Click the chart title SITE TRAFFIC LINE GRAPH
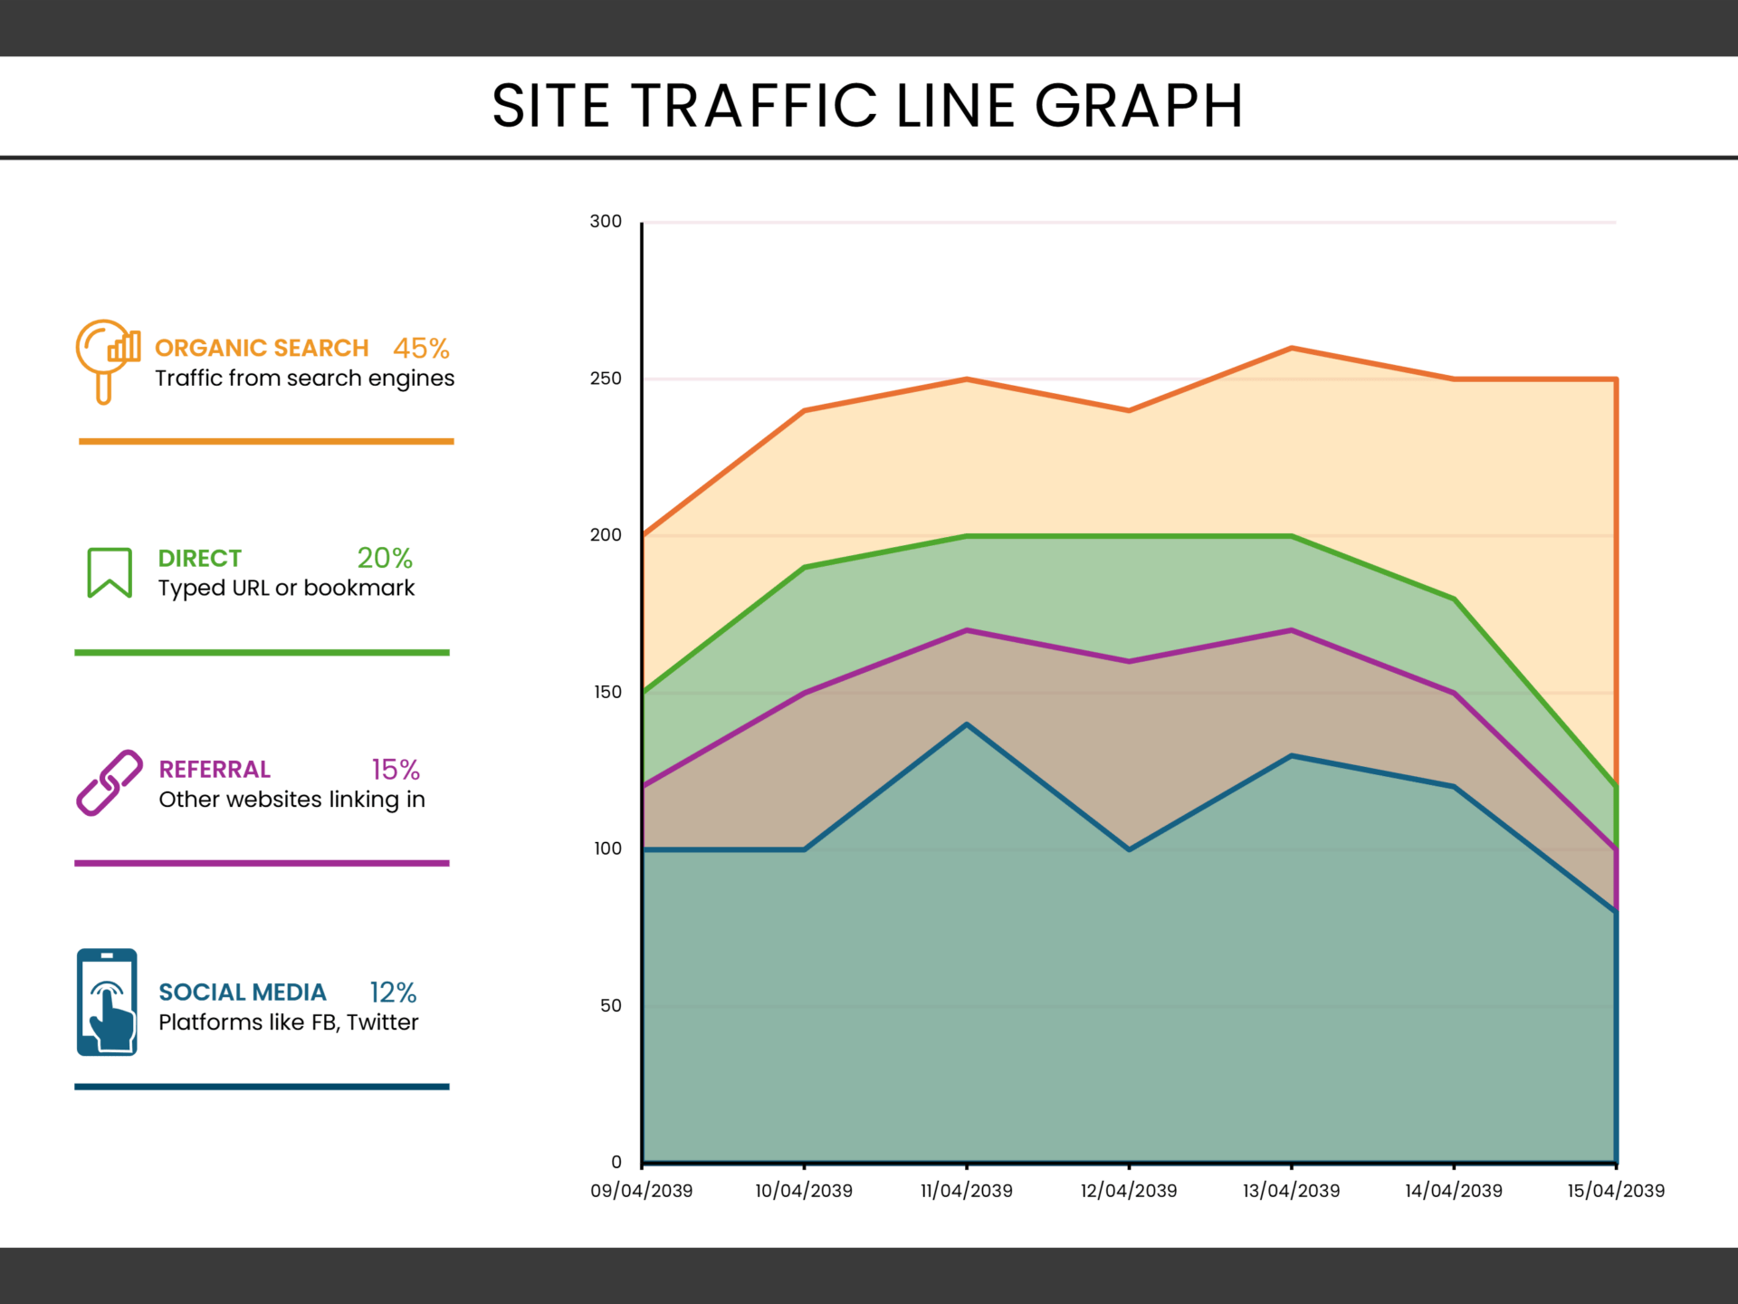pos(867,106)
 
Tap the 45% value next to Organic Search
pos(421,348)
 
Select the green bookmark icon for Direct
pos(110,572)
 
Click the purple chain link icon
pos(110,782)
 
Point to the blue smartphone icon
pos(107,1002)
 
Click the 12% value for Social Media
pos(393,992)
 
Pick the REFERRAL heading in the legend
pos(215,770)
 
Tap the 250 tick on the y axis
pos(606,379)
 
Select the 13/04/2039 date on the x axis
pos(1291,1191)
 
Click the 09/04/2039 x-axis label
pos(641,1191)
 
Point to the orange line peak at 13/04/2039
pos(1292,348)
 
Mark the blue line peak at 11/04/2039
pos(967,724)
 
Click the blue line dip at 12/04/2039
pos(1129,849)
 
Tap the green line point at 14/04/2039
pos(1454,599)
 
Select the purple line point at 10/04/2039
pos(804,694)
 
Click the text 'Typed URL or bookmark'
pos(286,588)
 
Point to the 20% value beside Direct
pos(385,558)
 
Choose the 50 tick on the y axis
pos(610,1005)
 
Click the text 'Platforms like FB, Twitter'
pos(288,1022)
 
